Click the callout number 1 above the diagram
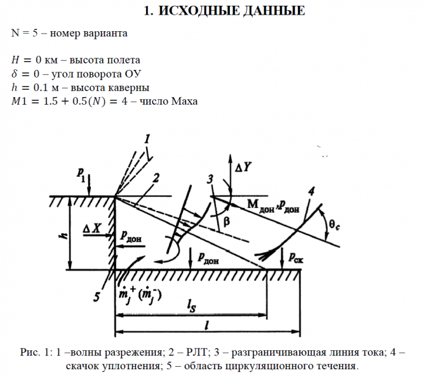147,138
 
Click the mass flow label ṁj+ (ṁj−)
138,294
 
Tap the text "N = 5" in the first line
27,32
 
